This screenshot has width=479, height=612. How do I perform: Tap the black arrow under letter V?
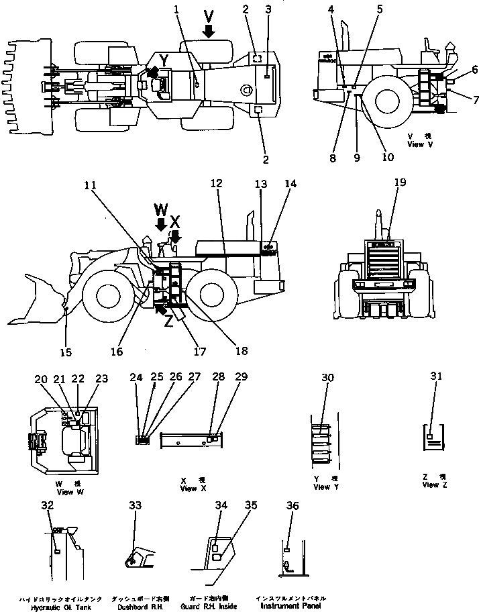[x=210, y=30]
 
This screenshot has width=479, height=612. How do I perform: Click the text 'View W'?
[x=65, y=492]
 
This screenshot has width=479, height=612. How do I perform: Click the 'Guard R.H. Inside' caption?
[x=213, y=607]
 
